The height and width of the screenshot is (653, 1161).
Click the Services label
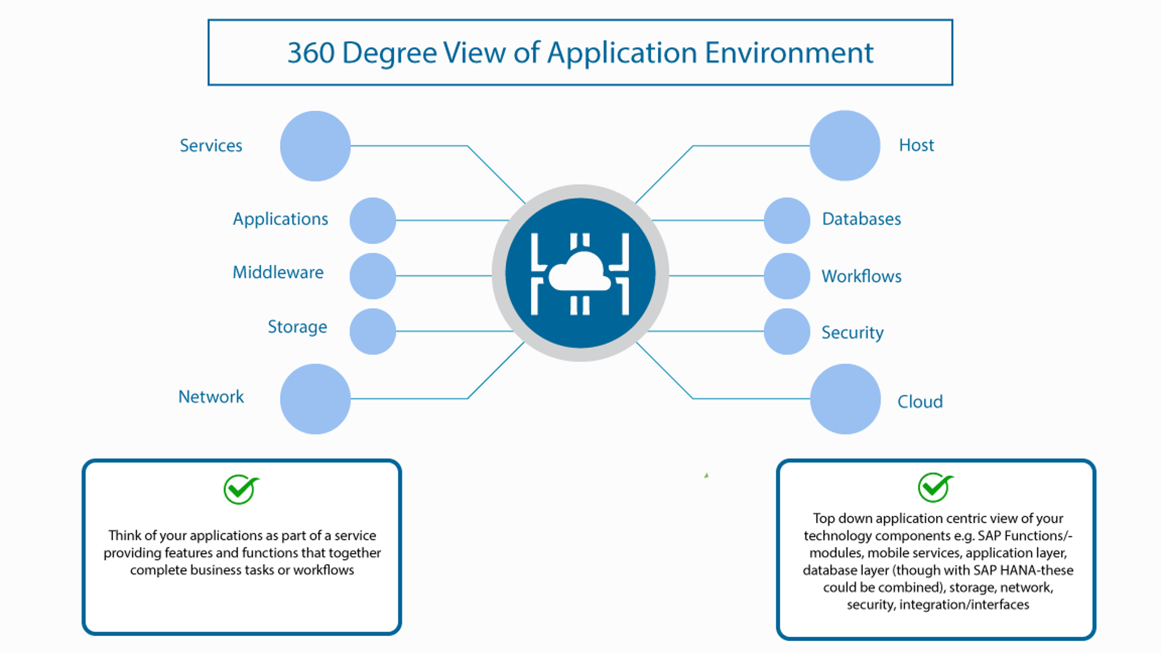tap(210, 146)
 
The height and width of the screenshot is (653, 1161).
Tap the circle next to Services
tap(315, 146)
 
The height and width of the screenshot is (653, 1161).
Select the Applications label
tap(280, 219)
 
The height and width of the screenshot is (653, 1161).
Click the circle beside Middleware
tap(372, 276)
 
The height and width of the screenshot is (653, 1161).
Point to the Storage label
tap(297, 326)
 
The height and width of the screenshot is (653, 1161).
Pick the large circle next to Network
tap(315, 398)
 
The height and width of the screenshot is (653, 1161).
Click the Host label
tap(916, 145)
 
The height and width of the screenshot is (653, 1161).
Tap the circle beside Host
tap(845, 145)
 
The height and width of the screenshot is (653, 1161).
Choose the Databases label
tap(861, 219)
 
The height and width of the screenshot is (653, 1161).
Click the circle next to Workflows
tap(787, 276)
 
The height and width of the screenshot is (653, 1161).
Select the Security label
tap(852, 333)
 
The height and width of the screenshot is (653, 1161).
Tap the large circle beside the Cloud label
tap(845, 398)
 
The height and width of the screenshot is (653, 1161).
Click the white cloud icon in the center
tap(580, 272)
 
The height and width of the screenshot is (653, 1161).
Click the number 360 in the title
tap(311, 53)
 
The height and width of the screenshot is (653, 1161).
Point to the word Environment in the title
tap(789, 53)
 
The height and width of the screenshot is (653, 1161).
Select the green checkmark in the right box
tap(935, 487)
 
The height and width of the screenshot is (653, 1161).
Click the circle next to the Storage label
tap(372, 331)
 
